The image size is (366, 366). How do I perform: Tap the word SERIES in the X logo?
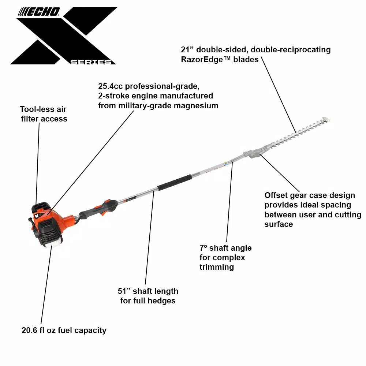[x=91, y=62]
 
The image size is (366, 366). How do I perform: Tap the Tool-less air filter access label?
[x=44, y=114]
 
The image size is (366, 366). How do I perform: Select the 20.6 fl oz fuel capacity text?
[x=64, y=330]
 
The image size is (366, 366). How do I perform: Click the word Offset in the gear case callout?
[x=276, y=195]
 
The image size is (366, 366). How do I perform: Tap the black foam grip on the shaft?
[x=175, y=182]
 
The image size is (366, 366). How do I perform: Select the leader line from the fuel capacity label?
[x=46, y=285]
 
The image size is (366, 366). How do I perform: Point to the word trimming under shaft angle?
[x=217, y=267]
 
